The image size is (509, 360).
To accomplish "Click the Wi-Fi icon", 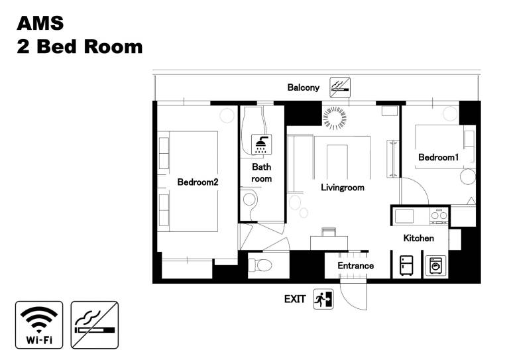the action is [39, 325].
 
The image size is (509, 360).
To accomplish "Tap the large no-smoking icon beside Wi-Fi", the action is [95, 325].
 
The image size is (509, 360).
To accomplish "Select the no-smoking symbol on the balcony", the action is [340, 88].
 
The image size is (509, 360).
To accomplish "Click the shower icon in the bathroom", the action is [262, 145].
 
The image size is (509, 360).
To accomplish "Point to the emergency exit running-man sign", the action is [323, 299].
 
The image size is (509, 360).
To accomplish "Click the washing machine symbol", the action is [435, 265].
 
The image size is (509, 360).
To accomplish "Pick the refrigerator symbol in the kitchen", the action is [406, 265].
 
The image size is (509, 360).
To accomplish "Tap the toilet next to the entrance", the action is [260, 265].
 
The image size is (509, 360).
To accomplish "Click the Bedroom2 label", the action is [198, 182].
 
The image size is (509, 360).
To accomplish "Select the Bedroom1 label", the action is [439, 157].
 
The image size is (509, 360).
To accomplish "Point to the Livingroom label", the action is [343, 188].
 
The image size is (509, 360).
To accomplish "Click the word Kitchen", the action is [418, 238].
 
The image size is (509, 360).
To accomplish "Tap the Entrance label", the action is [355, 266].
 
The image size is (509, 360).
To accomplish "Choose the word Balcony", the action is [303, 88].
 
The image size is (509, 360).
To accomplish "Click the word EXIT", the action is [295, 299].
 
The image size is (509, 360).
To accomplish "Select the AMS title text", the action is [40, 23].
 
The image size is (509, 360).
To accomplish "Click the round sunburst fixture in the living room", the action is [335, 118].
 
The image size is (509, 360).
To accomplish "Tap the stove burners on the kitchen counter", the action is [439, 215].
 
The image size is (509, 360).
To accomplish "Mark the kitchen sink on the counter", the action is [404, 216].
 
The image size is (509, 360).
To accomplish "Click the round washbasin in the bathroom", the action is [249, 199].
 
